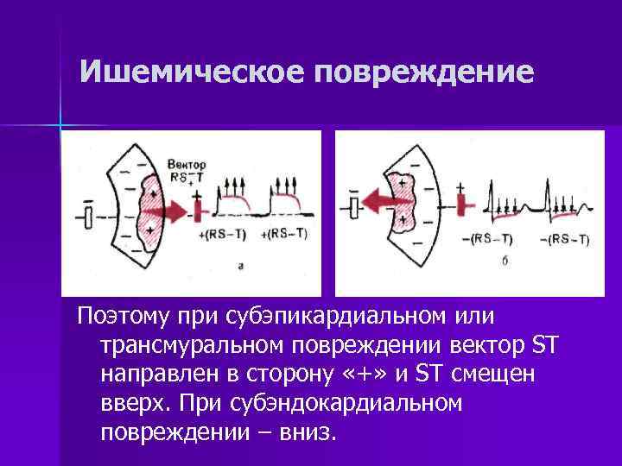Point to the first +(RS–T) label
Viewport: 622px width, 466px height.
(x=222, y=235)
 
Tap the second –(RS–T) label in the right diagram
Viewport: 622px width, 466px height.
(x=568, y=239)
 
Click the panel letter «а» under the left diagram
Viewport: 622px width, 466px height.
(x=240, y=267)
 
